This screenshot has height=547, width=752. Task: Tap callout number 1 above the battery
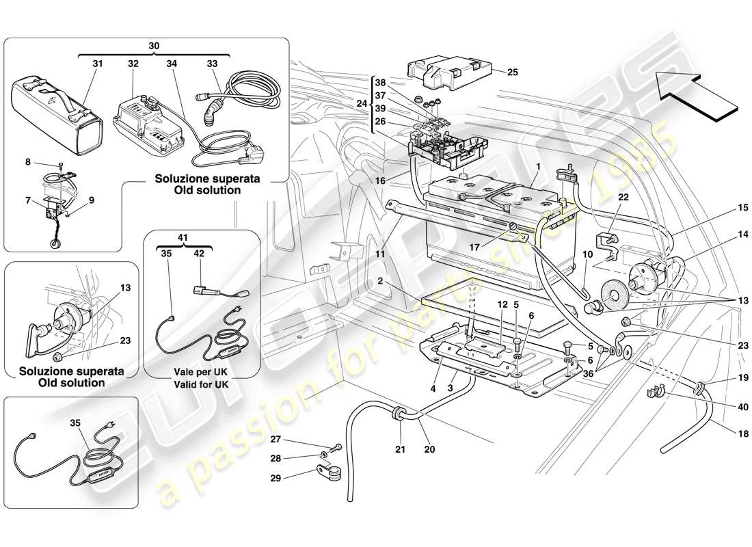539,166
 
